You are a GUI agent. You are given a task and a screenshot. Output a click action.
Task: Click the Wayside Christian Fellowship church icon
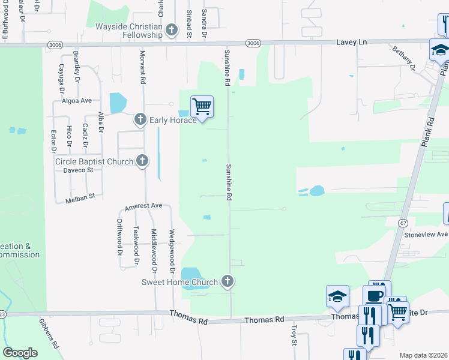tap(172, 29)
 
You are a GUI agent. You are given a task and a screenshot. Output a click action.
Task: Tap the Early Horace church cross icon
tap(140, 119)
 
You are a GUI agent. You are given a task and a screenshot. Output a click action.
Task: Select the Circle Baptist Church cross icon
tap(142, 161)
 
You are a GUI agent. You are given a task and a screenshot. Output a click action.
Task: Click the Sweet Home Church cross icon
tap(227, 281)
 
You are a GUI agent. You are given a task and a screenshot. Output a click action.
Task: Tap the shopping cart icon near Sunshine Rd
tap(202, 107)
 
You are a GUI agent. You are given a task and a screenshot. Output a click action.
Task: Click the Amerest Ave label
tap(143, 206)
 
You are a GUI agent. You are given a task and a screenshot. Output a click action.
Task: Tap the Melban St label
tap(84, 196)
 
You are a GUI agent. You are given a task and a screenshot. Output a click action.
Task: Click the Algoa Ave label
tap(77, 101)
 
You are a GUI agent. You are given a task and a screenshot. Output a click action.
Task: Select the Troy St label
tap(295, 335)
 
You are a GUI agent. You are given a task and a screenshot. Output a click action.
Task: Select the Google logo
tap(20, 352)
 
